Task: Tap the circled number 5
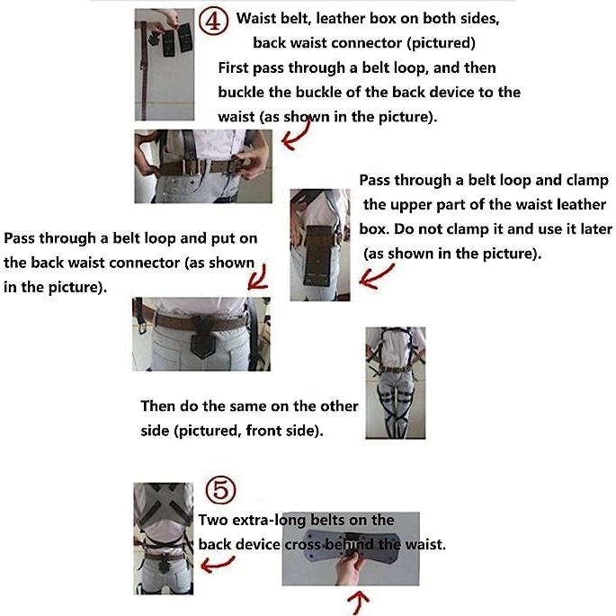point(221,490)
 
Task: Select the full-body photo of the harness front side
point(395,381)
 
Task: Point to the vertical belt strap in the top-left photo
point(144,63)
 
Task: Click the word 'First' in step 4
point(236,68)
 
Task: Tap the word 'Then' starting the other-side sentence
point(159,406)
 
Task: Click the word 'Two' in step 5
point(212,520)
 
